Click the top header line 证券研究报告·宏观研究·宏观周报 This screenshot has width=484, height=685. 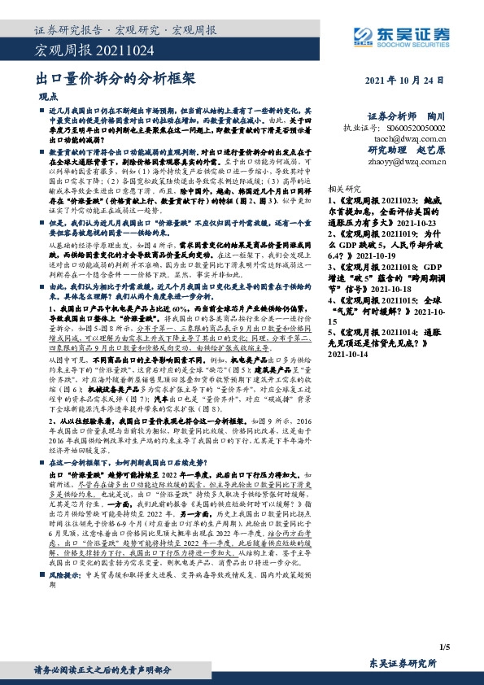click(x=126, y=31)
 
